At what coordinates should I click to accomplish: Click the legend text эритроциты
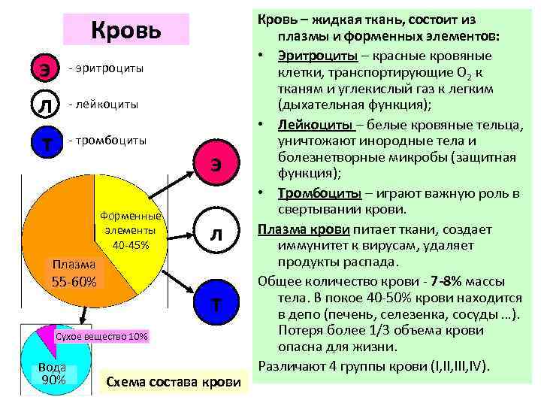pyautogui.click(x=105, y=68)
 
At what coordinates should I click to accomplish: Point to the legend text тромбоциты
pyautogui.click(x=107, y=141)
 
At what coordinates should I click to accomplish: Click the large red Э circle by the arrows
pyautogui.click(x=216, y=165)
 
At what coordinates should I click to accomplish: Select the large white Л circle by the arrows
pyautogui.click(x=216, y=235)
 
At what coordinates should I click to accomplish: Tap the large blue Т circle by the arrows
pyautogui.click(x=216, y=304)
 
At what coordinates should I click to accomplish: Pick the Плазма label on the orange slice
pyautogui.click(x=73, y=264)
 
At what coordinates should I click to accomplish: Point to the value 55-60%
pyautogui.click(x=74, y=281)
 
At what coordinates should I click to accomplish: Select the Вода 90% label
pyautogui.click(x=53, y=373)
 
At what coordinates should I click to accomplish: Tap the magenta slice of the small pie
pyautogui.click(x=47, y=338)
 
